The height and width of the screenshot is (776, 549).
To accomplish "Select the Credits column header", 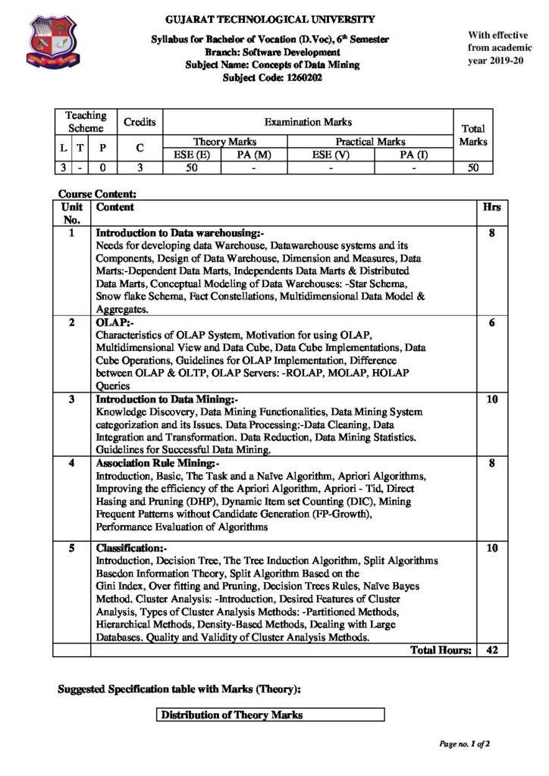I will pyautogui.click(x=140, y=121).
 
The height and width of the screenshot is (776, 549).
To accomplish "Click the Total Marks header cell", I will pyautogui.click(x=473, y=135).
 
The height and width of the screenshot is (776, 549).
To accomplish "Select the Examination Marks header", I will pyautogui.click(x=307, y=121).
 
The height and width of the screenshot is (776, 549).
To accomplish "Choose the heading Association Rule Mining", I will pyautogui.click(x=158, y=463).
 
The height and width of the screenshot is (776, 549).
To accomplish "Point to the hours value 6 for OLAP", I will pyautogui.click(x=491, y=323).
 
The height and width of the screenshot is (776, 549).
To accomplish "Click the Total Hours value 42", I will pyautogui.click(x=491, y=650).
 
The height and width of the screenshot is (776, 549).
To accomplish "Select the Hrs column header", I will pyautogui.click(x=491, y=206).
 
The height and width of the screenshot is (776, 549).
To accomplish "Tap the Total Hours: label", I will pyautogui.click(x=441, y=650).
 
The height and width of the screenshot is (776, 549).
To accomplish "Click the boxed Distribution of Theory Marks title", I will pyautogui.click(x=231, y=715).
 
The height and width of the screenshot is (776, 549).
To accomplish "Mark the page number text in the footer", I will pyautogui.click(x=464, y=744).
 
